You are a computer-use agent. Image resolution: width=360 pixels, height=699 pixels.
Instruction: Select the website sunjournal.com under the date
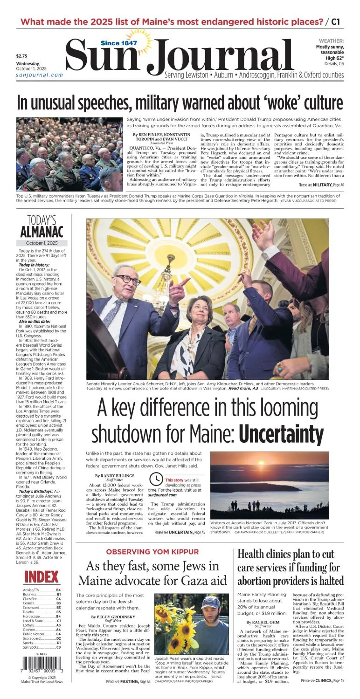point(39,75)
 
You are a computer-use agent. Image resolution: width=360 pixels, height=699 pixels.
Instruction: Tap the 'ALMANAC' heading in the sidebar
point(42,232)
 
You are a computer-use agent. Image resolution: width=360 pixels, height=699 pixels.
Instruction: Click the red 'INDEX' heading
point(42,577)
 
